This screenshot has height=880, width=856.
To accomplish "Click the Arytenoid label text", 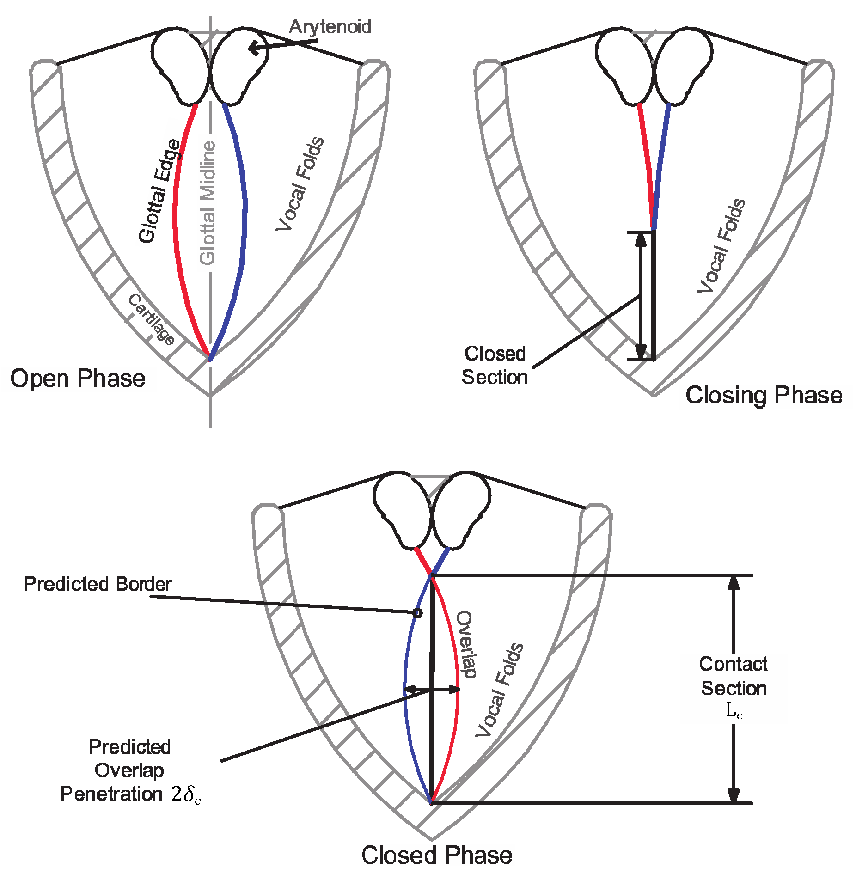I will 330,27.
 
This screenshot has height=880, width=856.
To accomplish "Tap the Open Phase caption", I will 78,379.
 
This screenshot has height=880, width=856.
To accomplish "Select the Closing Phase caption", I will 764,396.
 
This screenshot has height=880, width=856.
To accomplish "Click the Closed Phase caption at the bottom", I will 436,855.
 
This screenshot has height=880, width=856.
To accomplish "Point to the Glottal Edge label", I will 160,190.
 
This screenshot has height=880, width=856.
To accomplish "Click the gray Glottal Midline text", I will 208,203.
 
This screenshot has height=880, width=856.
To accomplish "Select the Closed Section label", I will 495,366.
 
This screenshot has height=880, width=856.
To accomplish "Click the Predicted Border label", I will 98,584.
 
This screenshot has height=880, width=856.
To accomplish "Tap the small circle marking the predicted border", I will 417,613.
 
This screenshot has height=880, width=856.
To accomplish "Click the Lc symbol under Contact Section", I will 734,711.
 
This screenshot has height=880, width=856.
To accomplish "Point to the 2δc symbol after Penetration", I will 186,794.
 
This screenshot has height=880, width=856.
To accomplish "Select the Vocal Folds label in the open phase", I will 300,183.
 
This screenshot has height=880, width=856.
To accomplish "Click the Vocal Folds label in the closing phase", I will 721,246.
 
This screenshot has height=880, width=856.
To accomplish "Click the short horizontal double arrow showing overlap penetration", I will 432,690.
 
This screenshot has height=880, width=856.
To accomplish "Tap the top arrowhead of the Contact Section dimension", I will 734,583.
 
